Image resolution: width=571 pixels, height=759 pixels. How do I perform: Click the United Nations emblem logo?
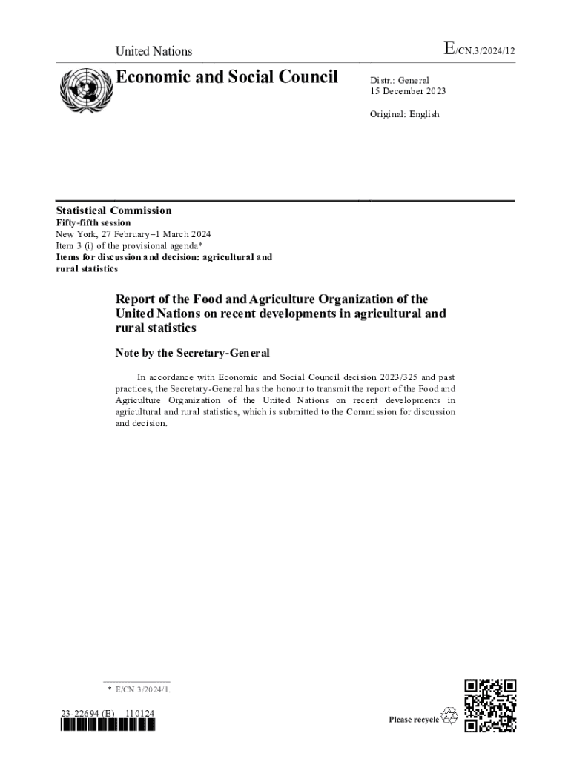(x=84, y=90)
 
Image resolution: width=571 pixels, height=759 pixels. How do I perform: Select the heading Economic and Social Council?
(x=226, y=77)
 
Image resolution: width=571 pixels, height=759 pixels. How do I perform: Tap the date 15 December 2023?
(x=409, y=91)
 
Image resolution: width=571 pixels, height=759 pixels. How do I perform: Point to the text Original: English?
(x=405, y=114)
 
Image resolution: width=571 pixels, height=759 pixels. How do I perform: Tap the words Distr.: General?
(x=400, y=80)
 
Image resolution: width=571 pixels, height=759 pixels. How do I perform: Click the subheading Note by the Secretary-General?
(x=192, y=353)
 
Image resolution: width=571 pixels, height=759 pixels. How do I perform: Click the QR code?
(x=490, y=706)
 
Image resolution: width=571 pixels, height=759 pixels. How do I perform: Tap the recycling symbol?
(x=449, y=716)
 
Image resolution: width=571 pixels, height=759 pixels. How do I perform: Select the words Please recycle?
(x=414, y=720)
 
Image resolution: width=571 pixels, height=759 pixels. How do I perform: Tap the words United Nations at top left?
(x=154, y=51)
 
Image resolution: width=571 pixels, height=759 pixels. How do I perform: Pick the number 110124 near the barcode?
(x=139, y=714)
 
